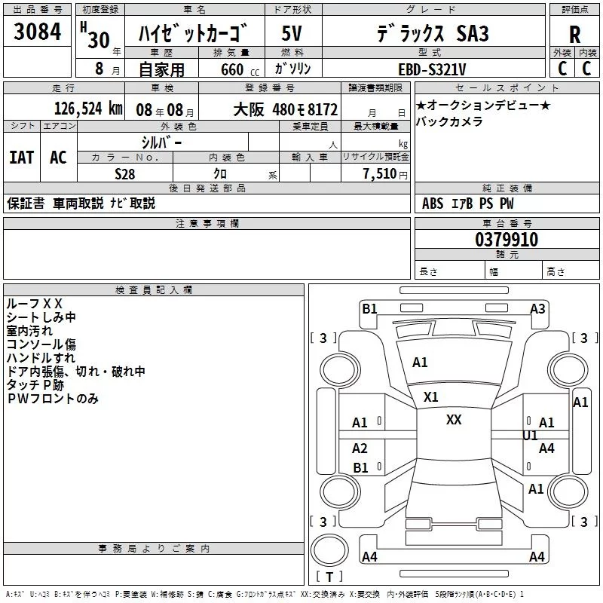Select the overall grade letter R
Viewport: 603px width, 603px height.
[x=575, y=34]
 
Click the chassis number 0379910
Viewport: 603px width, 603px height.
[x=507, y=240]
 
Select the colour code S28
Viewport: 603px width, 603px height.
[x=125, y=173]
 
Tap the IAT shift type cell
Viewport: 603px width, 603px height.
[x=21, y=157]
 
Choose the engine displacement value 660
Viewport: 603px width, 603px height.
[x=232, y=69]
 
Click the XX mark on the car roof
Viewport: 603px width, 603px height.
[x=454, y=420]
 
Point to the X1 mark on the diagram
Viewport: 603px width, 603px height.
[x=431, y=397]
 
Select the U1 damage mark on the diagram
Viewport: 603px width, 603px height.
[x=530, y=436]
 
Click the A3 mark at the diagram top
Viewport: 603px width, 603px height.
[x=537, y=308]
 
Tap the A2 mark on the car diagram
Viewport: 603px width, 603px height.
[x=360, y=448]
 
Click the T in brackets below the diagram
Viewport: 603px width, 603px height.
[x=329, y=577]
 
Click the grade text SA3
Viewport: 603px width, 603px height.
[x=473, y=34]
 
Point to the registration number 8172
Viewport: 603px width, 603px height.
[x=320, y=109]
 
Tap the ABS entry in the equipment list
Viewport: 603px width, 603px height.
[x=433, y=203]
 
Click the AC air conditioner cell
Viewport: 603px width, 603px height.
[x=58, y=157]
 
